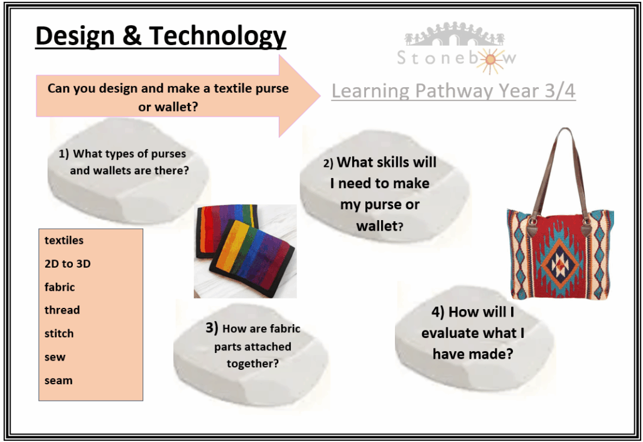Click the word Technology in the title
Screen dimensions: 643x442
pyautogui.click(x=217, y=36)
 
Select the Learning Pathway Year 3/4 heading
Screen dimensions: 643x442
pyautogui.click(x=453, y=91)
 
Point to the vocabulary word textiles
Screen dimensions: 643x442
pyautogui.click(x=64, y=240)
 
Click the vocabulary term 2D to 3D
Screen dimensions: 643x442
pyautogui.click(x=68, y=263)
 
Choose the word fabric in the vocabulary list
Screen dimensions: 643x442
pyautogui.click(x=60, y=287)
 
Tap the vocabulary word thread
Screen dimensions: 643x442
pyautogui.click(x=62, y=310)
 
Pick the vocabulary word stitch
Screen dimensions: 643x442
pyautogui.click(x=59, y=333)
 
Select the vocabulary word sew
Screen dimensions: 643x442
pyautogui.click(x=55, y=357)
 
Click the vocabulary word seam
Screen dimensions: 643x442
pyautogui.click(x=58, y=380)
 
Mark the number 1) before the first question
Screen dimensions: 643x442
pyautogui.click(x=63, y=154)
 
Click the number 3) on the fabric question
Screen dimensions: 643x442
pyautogui.click(x=212, y=328)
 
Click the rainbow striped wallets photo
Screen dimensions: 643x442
pyautogui.click(x=246, y=251)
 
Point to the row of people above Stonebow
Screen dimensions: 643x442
pyautogui.click(x=454, y=34)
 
